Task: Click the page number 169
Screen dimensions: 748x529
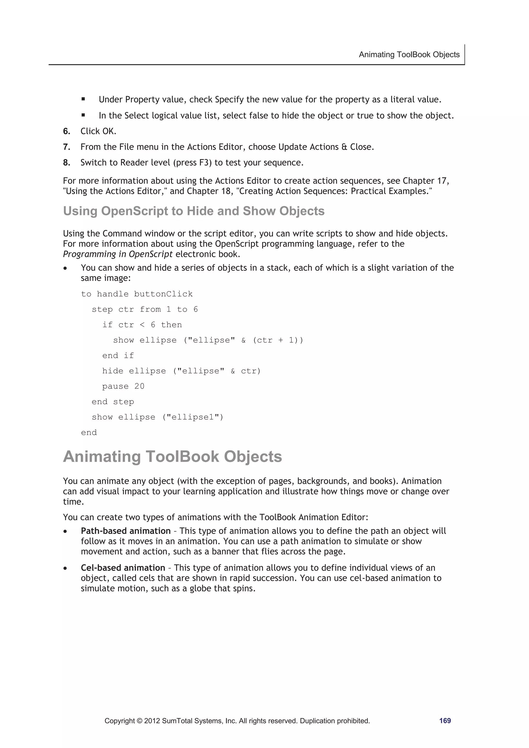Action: point(445,720)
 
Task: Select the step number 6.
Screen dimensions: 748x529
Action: point(66,131)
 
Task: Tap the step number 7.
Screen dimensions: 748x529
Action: point(66,147)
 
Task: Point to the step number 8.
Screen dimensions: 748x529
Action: point(66,163)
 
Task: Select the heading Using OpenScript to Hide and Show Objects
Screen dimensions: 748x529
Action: point(194,211)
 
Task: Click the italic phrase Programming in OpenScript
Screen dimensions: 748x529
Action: point(118,254)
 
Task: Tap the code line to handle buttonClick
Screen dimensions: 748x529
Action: point(137,294)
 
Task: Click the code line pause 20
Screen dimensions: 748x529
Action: point(123,386)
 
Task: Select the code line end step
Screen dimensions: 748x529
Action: point(113,402)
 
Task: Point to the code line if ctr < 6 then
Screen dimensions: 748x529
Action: point(142,325)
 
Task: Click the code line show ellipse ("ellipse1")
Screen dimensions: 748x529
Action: point(157,417)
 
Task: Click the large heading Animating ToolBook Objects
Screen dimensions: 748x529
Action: point(173,456)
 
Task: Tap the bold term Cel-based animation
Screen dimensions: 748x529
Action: point(123,568)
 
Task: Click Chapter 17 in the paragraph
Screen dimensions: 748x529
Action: point(425,181)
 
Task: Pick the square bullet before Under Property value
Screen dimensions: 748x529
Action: point(83,99)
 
